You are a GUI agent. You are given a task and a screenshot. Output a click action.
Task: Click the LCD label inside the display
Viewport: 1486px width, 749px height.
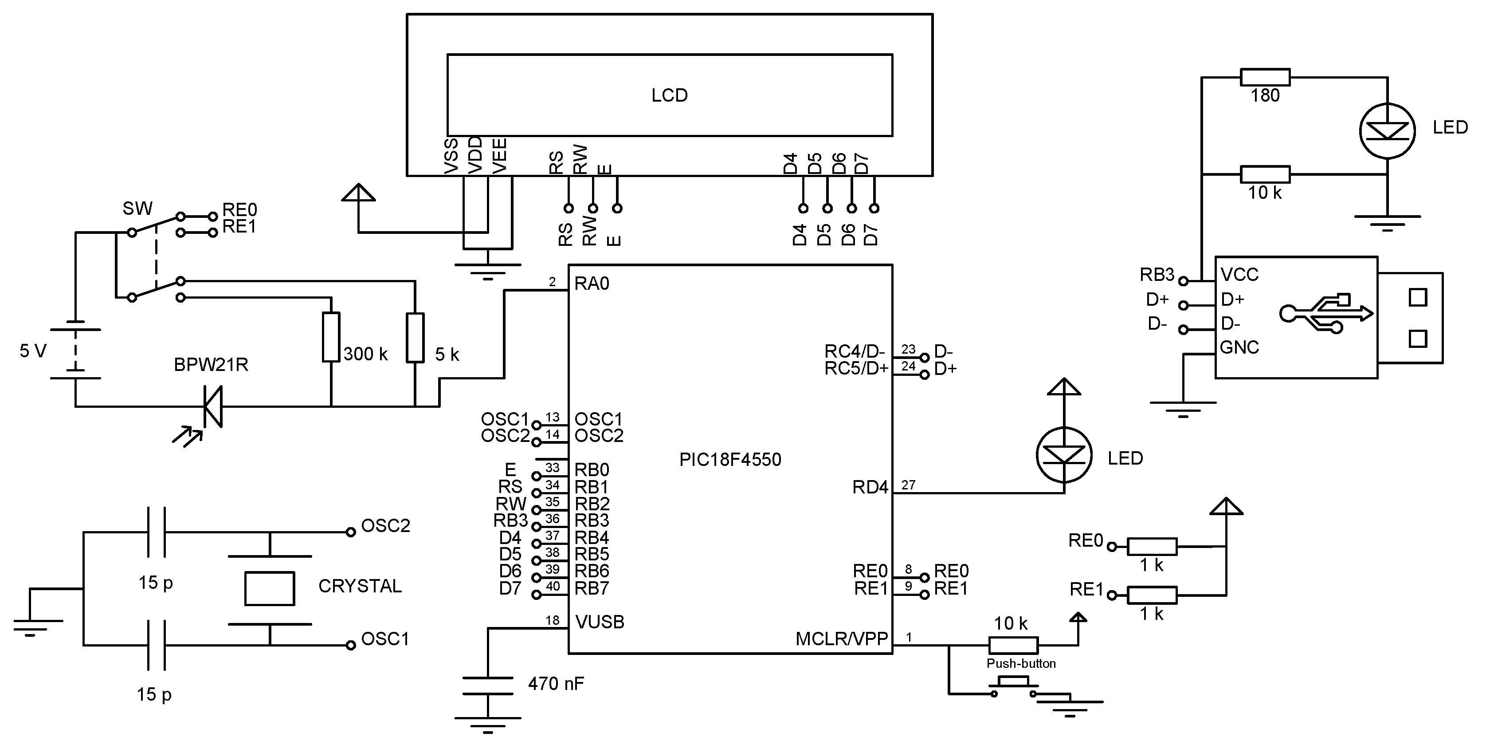pyautogui.click(x=669, y=95)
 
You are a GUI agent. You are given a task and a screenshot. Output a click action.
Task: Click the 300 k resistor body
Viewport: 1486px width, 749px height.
pyautogui.click(x=330, y=337)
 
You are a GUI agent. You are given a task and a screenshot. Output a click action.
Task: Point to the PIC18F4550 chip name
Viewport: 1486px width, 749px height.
pyautogui.click(x=730, y=459)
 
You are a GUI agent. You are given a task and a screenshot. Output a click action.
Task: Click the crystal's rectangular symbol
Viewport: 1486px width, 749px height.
pyautogui.click(x=269, y=588)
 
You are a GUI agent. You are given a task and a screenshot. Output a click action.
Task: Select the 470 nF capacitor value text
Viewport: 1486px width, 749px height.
pyautogui.click(x=556, y=684)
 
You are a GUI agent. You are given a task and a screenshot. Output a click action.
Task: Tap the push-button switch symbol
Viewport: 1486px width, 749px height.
pyautogui.click(x=1013, y=684)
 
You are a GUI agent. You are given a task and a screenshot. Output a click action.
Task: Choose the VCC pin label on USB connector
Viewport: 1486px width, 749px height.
pyautogui.click(x=1239, y=275)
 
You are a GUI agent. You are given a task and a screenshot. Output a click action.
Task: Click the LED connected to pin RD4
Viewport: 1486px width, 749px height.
pyautogui.click(x=1064, y=455)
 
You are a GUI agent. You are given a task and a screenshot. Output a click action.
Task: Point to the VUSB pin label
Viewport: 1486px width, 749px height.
pyautogui.click(x=600, y=622)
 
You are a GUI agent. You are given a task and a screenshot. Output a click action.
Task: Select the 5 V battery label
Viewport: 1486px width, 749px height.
pyautogui.click(x=32, y=351)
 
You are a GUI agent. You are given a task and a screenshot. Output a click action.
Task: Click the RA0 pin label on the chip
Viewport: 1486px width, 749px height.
pyautogui.click(x=592, y=284)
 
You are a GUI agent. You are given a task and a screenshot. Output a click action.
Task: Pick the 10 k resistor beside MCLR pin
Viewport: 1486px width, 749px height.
pyautogui.click(x=1013, y=645)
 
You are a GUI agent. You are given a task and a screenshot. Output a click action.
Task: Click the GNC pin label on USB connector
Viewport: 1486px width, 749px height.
pyautogui.click(x=1239, y=347)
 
